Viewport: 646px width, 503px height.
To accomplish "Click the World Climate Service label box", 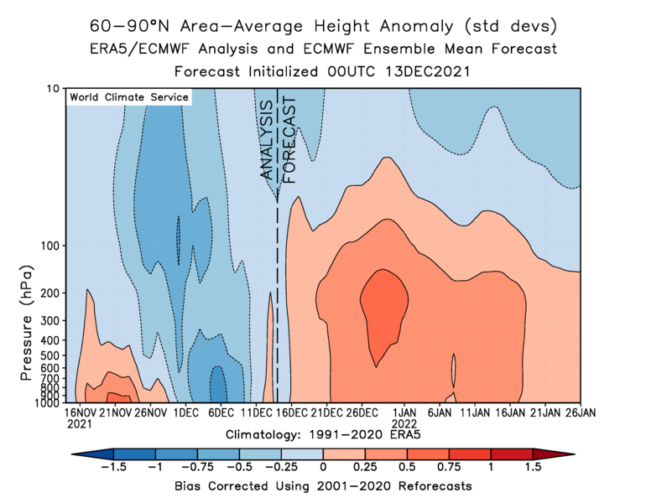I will [128, 97].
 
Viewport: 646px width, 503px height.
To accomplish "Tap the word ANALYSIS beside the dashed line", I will [267, 139].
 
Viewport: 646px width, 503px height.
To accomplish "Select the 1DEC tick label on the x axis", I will [185, 412].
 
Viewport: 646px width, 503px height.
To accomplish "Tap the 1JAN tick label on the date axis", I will [405, 412].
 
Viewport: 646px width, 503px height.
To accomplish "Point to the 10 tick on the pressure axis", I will [53, 89].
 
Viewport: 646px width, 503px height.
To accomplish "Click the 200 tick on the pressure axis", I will [49, 293].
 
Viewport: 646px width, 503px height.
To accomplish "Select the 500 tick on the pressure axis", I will [49, 355].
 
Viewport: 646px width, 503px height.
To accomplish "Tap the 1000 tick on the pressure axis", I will [46, 402].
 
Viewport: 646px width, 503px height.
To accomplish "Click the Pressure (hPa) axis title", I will [25, 323].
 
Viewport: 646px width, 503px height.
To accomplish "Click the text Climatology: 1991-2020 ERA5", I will [322, 436].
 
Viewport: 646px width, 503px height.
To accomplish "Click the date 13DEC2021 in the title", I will [424, 71].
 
